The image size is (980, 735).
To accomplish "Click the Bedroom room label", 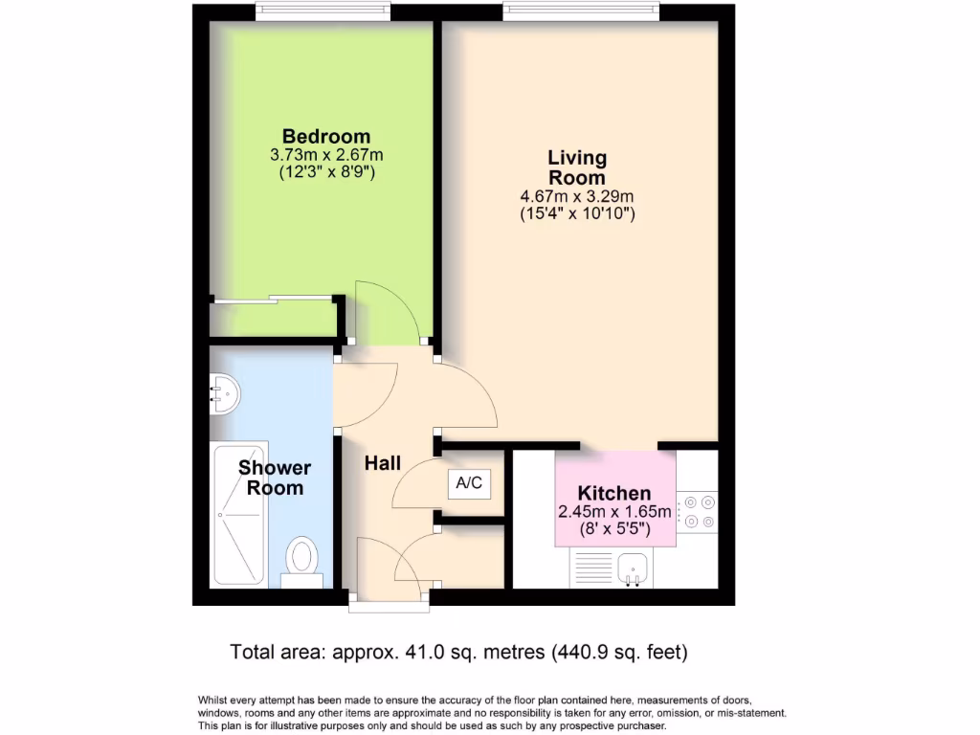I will pos(325,136).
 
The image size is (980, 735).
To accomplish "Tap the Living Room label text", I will pos(576,167).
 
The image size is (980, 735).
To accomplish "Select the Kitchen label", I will pos(613,494).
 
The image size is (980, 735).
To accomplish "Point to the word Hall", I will pos(382,463).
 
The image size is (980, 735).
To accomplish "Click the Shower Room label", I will pos(275,478).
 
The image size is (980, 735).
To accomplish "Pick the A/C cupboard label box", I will pos(469,483).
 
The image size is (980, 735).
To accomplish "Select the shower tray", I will pos(238,514).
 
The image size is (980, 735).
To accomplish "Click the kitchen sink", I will pos(632,569).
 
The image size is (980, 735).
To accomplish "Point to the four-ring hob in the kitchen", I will pos(697,512).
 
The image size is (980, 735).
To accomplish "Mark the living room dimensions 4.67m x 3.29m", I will pos(576,197).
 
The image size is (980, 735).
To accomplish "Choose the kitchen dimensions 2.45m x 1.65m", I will pos(614,512).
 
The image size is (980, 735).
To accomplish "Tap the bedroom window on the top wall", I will pos(323,11).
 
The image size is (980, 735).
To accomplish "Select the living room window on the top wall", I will pos(581,11).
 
